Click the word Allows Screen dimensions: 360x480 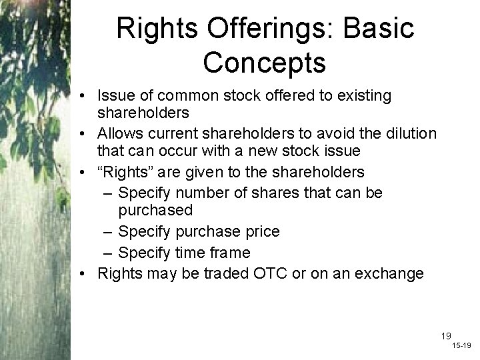pos(120,134)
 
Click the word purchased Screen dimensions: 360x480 pos(155,210)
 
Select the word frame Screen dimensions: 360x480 pos(230,252)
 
